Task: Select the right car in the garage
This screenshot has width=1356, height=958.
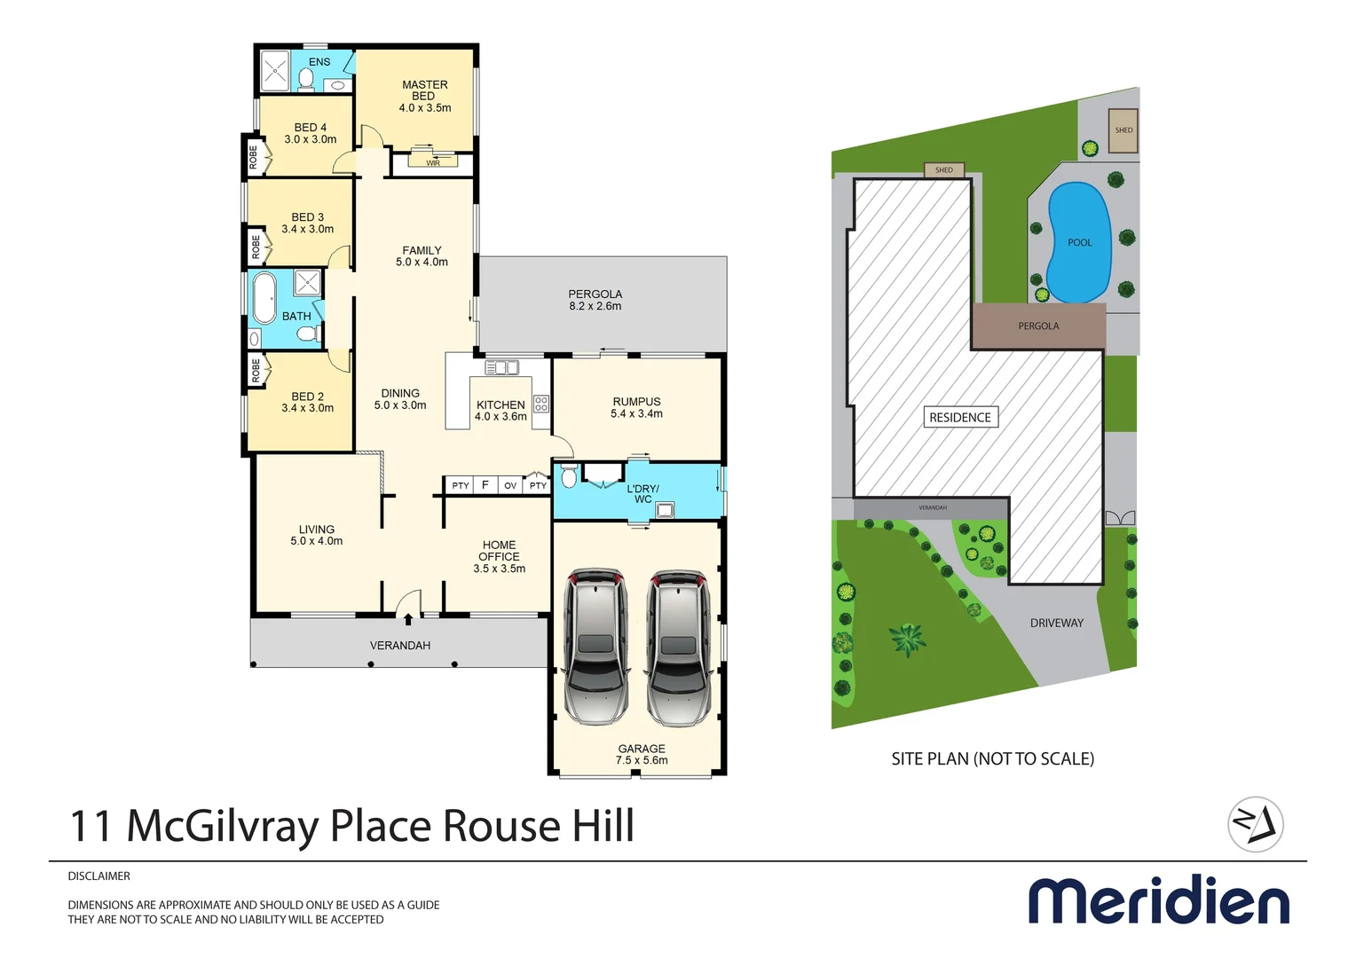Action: (678, 648)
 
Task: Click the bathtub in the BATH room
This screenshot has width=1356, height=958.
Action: (264, 298)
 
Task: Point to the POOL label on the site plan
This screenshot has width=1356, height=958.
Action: (1079, 242)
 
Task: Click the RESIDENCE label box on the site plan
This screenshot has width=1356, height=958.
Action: (960, 417)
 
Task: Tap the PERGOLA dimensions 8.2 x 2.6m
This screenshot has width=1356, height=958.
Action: (595, 306)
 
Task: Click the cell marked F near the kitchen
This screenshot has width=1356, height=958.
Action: (485, 485)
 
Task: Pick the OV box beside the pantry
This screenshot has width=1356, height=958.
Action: (510, 485)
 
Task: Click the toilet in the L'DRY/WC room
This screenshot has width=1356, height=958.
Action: (569, 477)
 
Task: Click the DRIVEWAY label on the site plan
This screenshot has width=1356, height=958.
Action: (1056, 623)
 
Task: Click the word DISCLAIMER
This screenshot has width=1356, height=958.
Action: (99, 876)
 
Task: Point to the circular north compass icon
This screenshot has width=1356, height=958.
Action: (1255, 824)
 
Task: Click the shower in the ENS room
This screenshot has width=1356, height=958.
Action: (274, 72)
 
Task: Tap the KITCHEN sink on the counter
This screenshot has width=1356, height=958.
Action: (501, 367)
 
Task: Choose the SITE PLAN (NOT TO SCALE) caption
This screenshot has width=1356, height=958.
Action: (992, 758)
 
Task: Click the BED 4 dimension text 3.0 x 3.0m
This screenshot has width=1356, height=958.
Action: (310, 139)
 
